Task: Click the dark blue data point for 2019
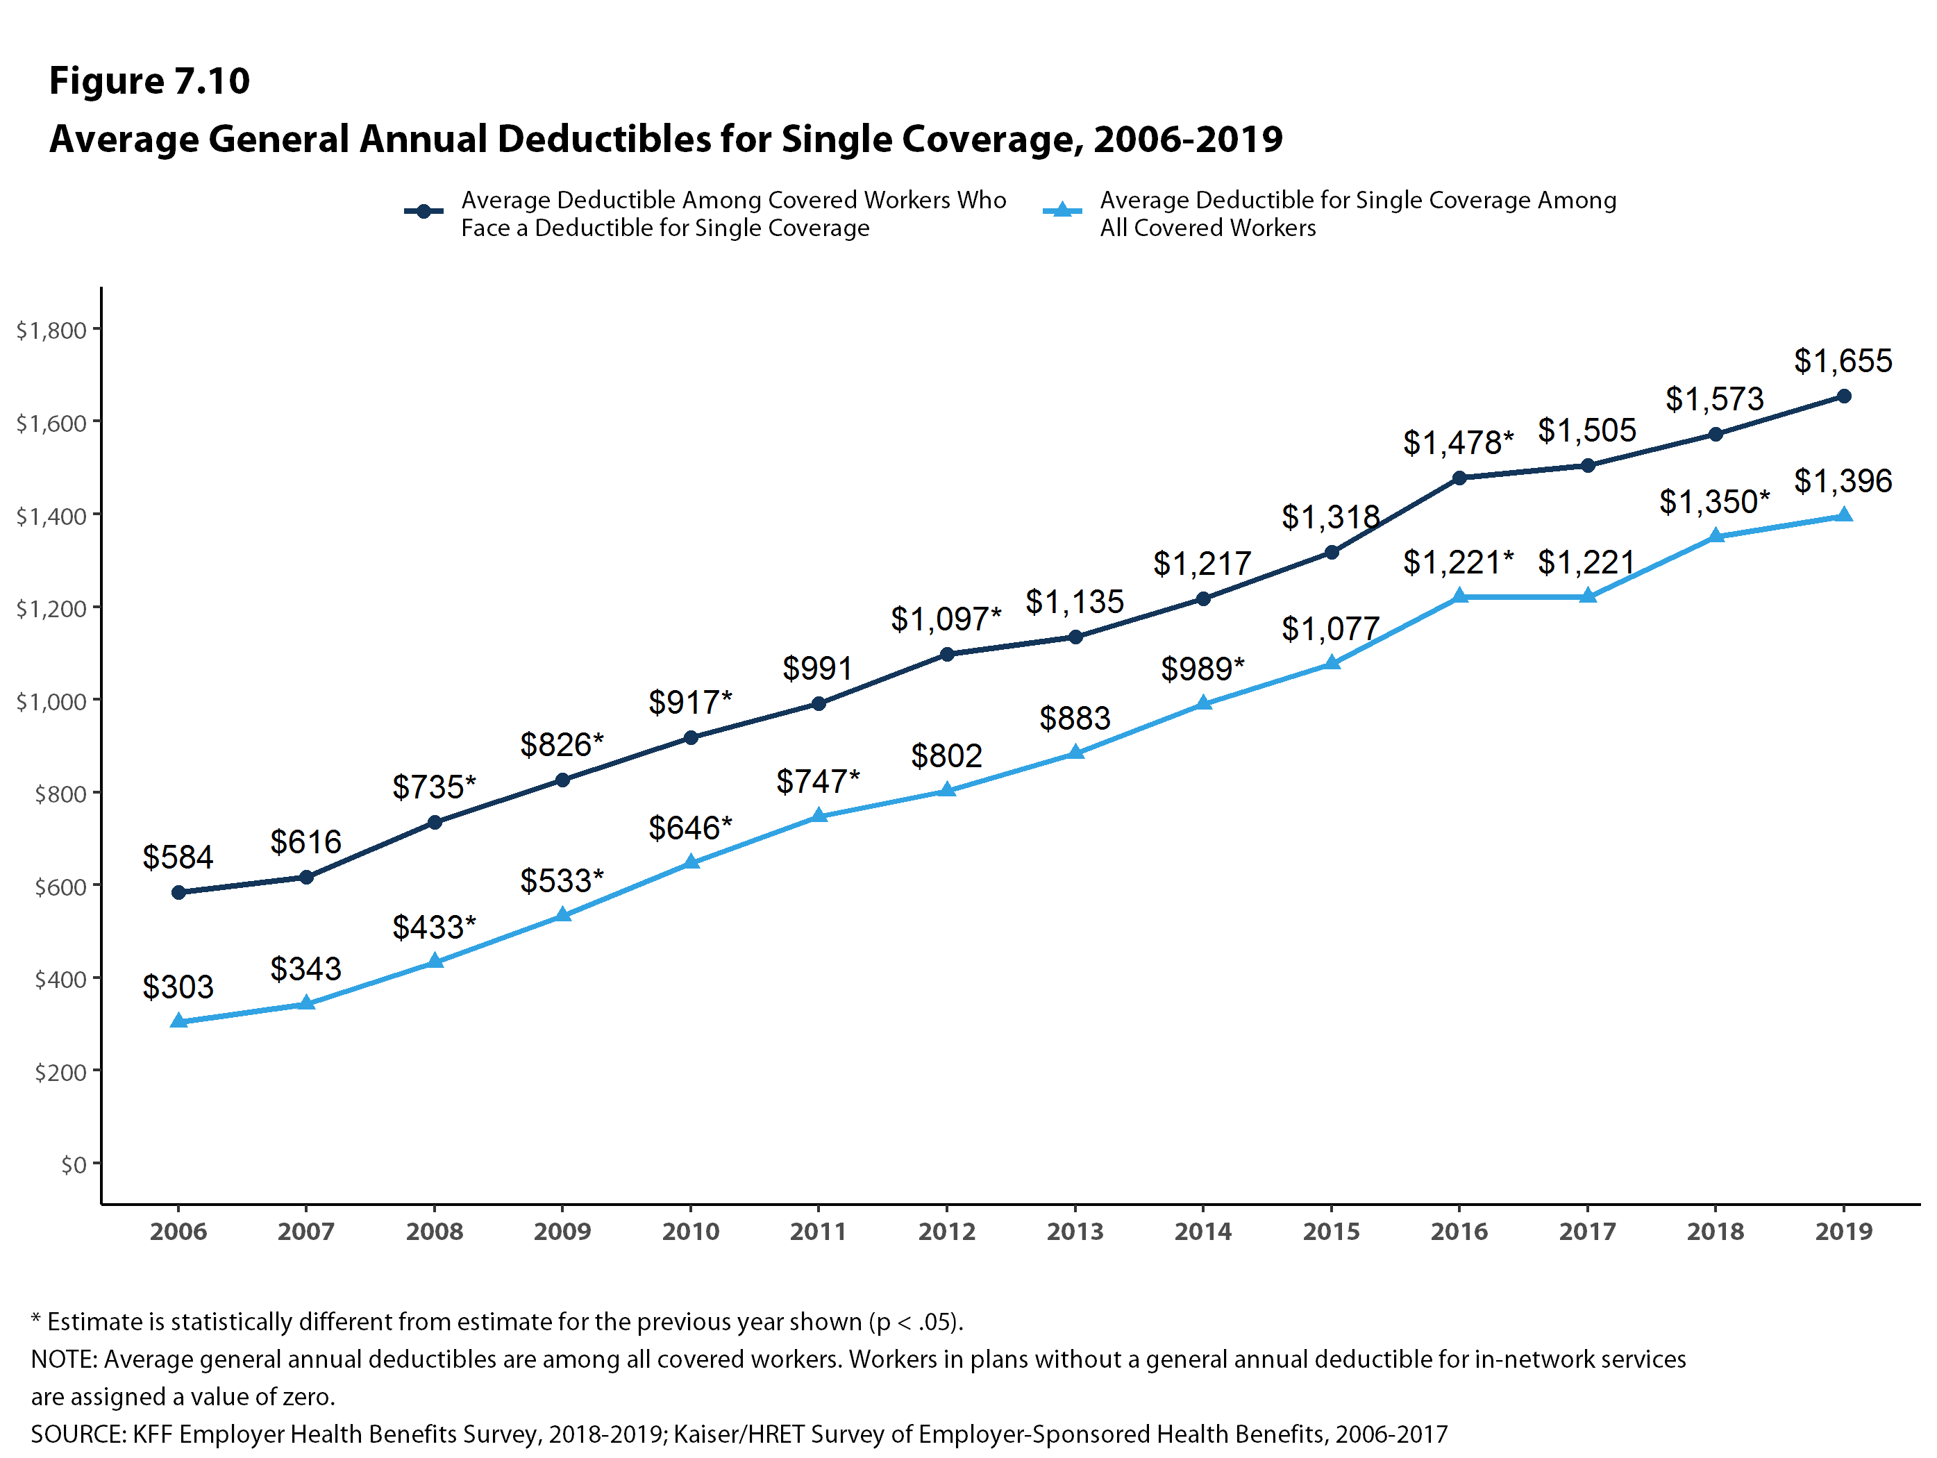pos(1843,396)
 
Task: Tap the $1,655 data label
pos(1843,361)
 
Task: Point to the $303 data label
pos(178,987)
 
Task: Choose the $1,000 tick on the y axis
pos(51,701)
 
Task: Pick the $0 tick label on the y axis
pos(74,1164)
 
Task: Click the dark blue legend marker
pos(424,211)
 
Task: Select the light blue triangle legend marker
pos(1062,211)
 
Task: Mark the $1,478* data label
pos(1458,443)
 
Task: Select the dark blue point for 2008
pos(435,822)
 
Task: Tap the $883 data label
pos(1075,719)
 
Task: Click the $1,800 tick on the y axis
pos(51,330)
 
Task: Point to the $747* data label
pos(818,781)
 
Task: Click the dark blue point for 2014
pos(1203,599)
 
